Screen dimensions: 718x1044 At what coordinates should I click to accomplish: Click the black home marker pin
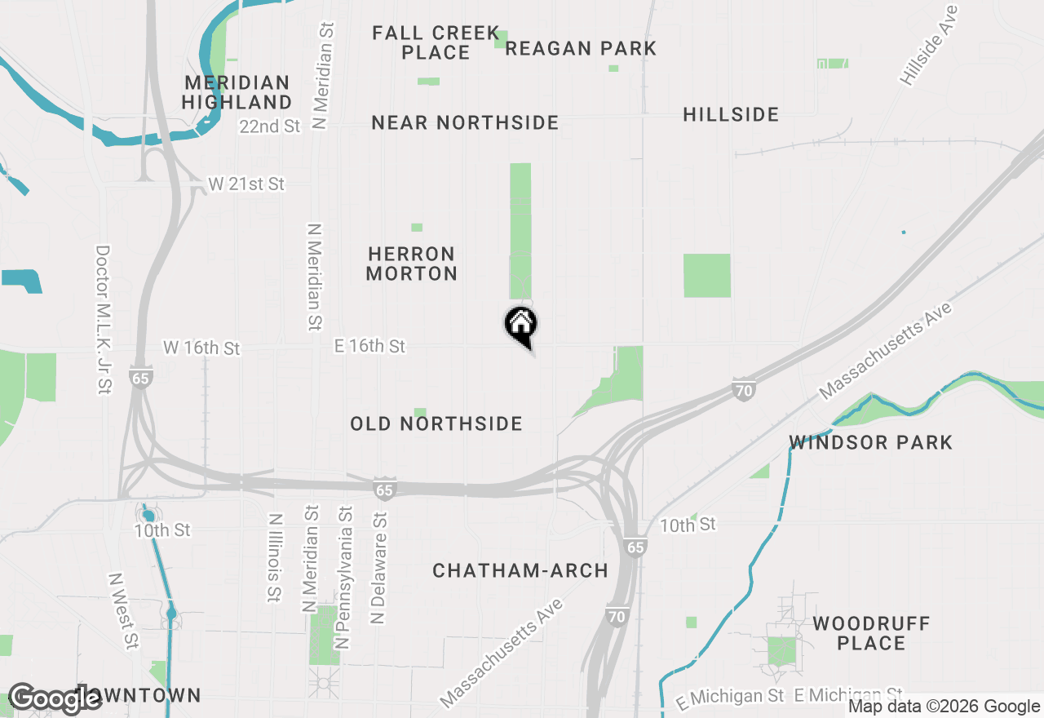tap(521, 326)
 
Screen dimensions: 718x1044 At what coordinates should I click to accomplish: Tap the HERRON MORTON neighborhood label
tap(411, 264)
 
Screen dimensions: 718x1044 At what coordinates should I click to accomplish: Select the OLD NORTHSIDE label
tap(436, 423)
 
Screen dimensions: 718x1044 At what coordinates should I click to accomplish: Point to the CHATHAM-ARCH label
tap(520, 570)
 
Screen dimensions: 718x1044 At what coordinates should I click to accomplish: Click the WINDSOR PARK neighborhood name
tap(870, 442)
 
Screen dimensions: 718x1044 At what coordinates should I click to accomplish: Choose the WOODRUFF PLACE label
tap(871, 633)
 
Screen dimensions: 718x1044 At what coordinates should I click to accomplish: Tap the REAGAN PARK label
tap(581, 48)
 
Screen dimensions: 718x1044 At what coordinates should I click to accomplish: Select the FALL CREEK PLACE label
tap(436, 42)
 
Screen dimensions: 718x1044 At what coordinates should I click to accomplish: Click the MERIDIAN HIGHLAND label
tap(237, 92)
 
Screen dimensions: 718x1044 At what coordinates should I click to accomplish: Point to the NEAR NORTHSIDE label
tap(465, 122)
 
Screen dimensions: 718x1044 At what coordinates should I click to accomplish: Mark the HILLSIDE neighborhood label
tap(731, 114)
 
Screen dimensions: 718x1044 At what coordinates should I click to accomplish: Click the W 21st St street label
tap(246, 184)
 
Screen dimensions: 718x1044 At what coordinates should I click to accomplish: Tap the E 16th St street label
tap(369, 346)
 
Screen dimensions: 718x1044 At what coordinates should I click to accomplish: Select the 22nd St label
tap(270, 126)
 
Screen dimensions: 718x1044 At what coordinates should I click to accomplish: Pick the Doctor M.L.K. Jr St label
tap(103, 320)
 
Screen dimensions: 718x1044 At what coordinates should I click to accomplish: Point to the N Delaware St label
tap(378, 569)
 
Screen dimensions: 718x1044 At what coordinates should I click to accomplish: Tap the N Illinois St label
tap(275, 558)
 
